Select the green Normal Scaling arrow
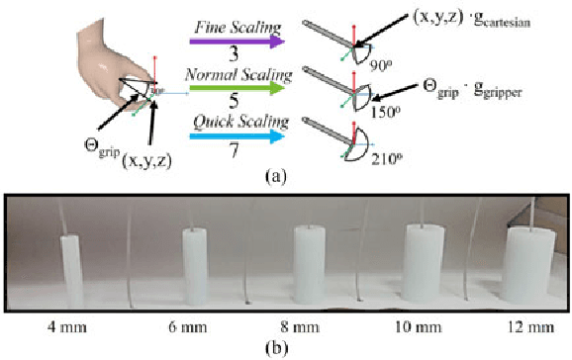[x=238, y=87]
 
